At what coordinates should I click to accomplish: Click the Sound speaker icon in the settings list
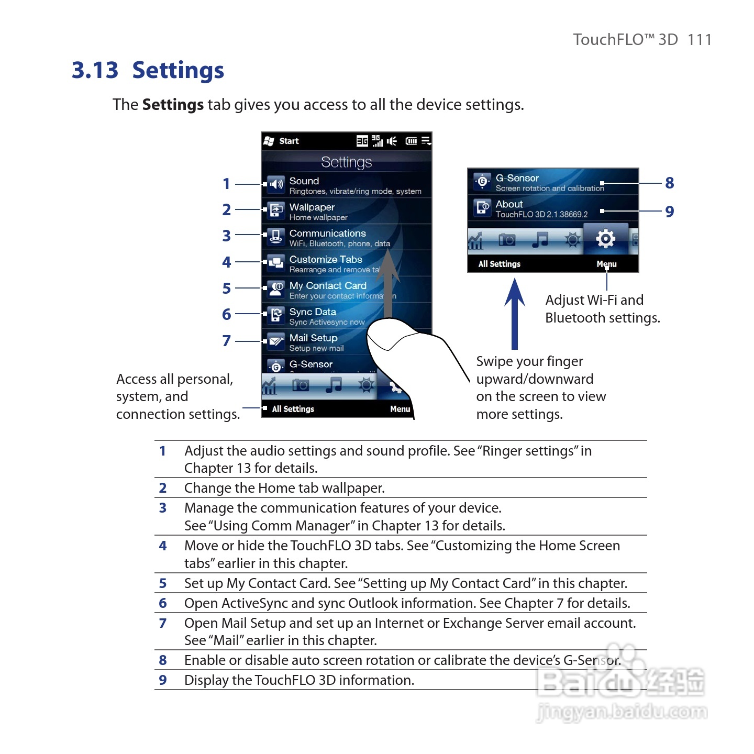[276, 184]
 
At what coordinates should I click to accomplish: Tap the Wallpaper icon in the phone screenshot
[276, 210]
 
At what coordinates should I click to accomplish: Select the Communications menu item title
[327, 233]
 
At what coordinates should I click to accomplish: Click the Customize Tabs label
[326, 259]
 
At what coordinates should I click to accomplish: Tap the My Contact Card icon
[276, 289]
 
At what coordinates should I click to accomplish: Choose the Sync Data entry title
[313, 312]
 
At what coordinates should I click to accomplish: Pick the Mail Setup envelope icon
[276, 341]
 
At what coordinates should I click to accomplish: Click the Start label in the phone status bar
[289, 141]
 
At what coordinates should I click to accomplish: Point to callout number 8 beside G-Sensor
[669, 183]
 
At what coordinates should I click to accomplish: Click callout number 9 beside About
[669, 212]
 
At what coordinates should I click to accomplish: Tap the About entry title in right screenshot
[509, 204]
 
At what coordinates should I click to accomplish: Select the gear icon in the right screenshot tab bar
[605, 239]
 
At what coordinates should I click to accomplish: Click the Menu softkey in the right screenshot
[606, 264]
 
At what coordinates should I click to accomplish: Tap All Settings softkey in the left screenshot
[293, 409]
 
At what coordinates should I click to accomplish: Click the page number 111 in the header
[700, 40]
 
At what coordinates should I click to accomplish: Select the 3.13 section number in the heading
[95, 70]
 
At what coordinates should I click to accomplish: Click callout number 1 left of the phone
[226, 184]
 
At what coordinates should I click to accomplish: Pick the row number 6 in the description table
[163, 603]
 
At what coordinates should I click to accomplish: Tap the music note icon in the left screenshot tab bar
[334, 385]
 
